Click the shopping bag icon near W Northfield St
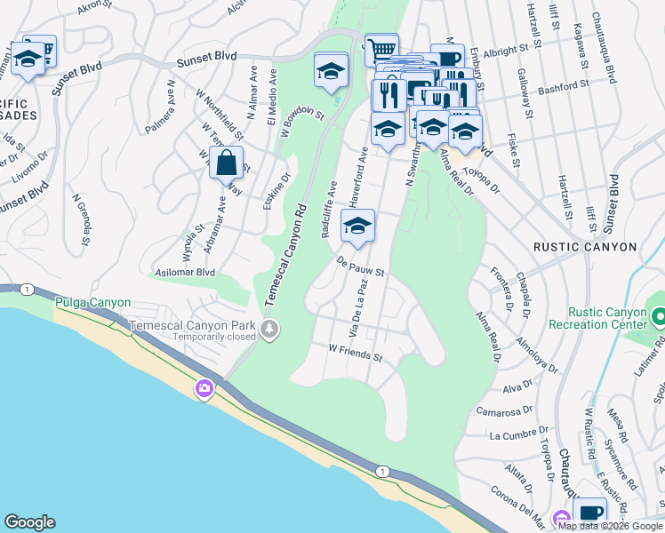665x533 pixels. pos(227,163)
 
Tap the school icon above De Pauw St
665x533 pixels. pos(357,226)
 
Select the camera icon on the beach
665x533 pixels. pos(204,387)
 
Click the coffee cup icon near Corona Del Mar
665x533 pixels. pos(589,513)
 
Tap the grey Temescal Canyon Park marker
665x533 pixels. pos(269,330)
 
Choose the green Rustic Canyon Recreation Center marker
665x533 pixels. pos(659,316)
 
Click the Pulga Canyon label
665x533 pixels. pos(92,303)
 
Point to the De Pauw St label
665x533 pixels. pos(359,266)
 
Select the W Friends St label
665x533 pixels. pos(355,354)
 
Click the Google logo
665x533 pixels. pos(29,522)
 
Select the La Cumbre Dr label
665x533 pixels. pos(520,434)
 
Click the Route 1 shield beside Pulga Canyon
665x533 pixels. pos(28,290)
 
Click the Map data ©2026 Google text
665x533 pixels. pos(611,526)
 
